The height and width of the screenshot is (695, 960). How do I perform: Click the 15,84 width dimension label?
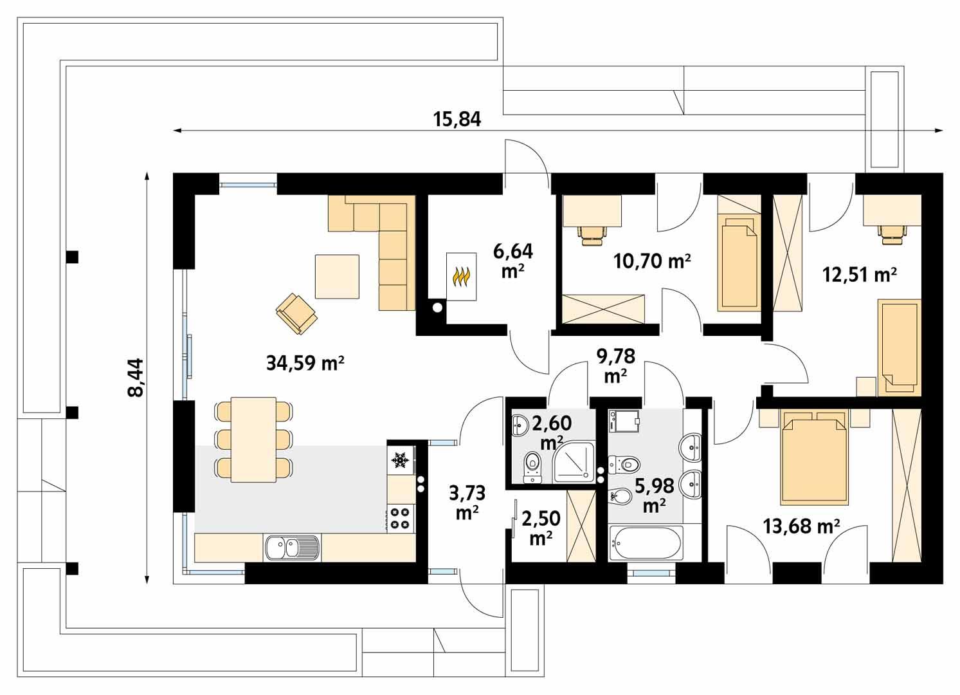(457, 119)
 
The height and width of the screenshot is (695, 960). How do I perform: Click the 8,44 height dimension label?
(137, 378)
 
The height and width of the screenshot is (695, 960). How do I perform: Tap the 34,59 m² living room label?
(305, 364)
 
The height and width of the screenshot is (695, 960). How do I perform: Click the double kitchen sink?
(291, 548)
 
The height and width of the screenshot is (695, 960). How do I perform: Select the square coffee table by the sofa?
(337, 276)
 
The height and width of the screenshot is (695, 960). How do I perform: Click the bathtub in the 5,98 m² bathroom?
(645, 544)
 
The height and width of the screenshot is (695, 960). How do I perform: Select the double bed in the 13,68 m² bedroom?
(811, 458)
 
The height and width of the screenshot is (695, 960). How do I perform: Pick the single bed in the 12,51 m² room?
(900, 346)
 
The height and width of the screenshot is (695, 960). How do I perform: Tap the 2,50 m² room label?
(540, 528)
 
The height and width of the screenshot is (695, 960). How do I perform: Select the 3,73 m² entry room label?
(467, 503)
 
